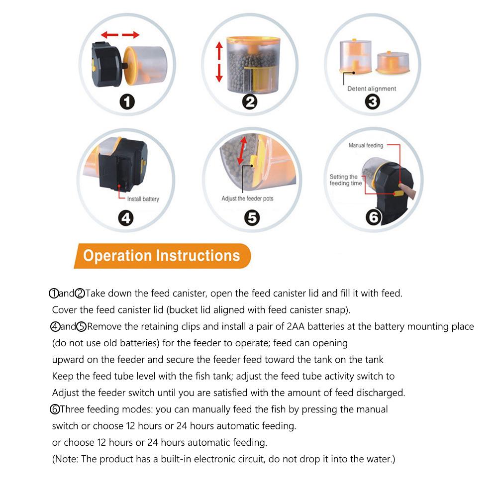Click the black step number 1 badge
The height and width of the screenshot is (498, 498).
pos(128,102)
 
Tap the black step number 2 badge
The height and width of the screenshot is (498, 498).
pos(250,102)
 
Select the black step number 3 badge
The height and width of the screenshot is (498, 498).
pos(372,102)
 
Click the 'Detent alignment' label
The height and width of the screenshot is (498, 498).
pos(372,89)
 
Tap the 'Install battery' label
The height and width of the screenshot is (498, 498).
pos(143,199)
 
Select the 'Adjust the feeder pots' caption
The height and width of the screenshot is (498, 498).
pos(247,199)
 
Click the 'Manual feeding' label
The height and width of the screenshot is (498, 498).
pos(366,145)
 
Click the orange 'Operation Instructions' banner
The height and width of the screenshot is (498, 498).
pos(161,256)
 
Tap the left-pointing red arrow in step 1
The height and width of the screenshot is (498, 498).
pos(109,35)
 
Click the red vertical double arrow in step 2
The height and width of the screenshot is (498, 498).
pos(218,62)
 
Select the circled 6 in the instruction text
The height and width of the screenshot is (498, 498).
pos(55,410)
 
